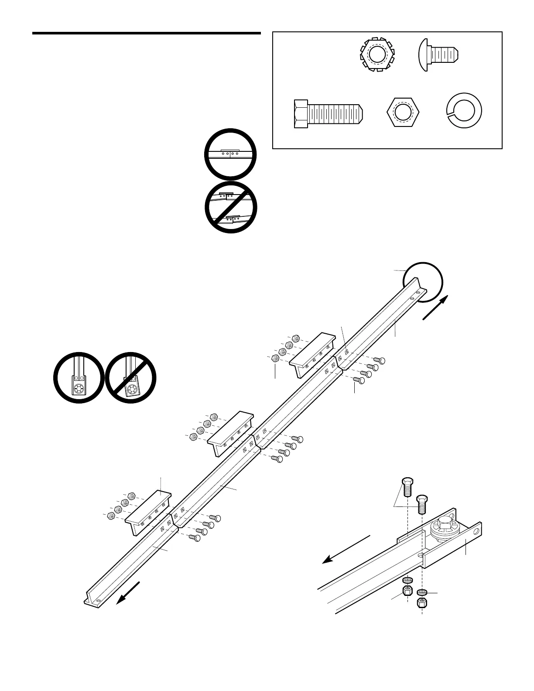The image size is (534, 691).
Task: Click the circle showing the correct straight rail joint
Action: [x=230, y=154]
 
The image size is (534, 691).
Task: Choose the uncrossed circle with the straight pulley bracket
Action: [x=79, y=378]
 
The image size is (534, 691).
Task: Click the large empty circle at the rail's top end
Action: [x=423, y=282]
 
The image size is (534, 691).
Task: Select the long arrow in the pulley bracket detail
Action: [x=346, y=549]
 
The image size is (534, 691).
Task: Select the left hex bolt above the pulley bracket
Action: [x=407, y=486]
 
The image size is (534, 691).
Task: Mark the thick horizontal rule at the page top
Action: [x=146, y=34]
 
